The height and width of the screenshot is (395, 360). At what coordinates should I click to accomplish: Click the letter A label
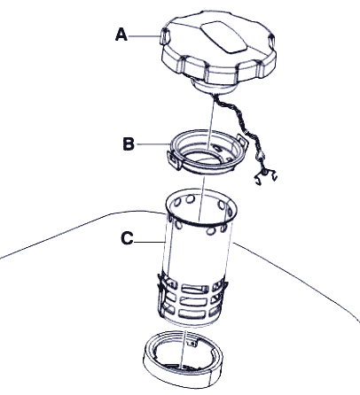click(x=121, y=35)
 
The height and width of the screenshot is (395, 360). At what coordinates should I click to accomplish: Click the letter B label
click(x=129, y=144)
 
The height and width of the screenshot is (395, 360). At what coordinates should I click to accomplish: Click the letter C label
click(x=127, y=238)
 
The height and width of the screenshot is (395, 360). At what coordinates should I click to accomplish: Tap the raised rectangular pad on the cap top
click(x=223, y=37)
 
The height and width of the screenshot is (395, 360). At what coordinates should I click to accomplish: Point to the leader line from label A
click(x=144, y=36)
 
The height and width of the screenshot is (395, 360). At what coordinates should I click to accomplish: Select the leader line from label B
click(x=153, y=144)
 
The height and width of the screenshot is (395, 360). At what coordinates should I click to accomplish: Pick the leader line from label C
click(x=149, y=242)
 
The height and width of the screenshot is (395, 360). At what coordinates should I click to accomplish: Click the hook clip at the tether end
click(x=265, y=176)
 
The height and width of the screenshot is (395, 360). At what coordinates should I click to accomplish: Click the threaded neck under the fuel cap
click(x=214, y=86)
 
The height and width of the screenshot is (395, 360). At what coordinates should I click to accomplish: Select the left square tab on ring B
click(x=174, y=160)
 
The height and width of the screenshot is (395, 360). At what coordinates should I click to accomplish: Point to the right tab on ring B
click(x=242, y=140)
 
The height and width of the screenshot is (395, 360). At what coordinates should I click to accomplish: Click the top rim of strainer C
click(x=201, y=223)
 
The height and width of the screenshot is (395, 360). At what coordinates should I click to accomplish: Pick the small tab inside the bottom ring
click(x=192, y=343)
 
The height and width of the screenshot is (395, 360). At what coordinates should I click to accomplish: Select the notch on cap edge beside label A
click(x=165, y=37)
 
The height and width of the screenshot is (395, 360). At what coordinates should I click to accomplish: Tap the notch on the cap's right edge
click(x=271, y=42)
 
